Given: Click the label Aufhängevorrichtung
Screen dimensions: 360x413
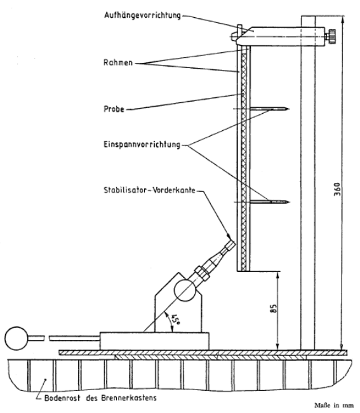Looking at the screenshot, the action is [x=142, y=15].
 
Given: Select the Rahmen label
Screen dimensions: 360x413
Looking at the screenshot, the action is [x=118, y=63].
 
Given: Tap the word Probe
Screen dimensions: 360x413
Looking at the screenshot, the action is [x=114, y=109].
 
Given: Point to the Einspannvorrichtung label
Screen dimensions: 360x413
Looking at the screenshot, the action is [x=142, y=145].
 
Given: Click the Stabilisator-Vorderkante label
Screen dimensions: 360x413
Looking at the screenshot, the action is [x=149, y=190].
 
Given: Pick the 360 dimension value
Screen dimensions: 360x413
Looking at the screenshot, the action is [x=337, y=189].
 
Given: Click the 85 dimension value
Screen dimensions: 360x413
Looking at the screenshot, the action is [x=274, y=308].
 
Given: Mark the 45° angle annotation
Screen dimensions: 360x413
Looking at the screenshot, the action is [x=175, y=320].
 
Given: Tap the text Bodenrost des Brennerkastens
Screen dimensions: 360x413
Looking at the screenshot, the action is [x=100, y=398].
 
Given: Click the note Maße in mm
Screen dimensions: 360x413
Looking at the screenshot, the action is [x=334, y=405].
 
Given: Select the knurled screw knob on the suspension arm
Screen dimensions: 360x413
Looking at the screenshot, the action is [x=331, y=36].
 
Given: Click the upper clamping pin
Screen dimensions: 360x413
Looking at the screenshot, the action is [x=269, y=109].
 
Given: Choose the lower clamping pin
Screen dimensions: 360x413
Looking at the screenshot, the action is [x=269, y=202].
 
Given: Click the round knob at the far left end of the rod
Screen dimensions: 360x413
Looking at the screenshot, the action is [x=16, y=338].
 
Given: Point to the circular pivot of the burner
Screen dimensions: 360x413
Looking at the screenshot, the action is [x=185, y=290].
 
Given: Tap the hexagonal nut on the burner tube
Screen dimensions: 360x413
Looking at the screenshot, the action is [x=202, y=273].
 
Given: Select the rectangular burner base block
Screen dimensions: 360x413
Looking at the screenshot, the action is [x=154, y=341].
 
